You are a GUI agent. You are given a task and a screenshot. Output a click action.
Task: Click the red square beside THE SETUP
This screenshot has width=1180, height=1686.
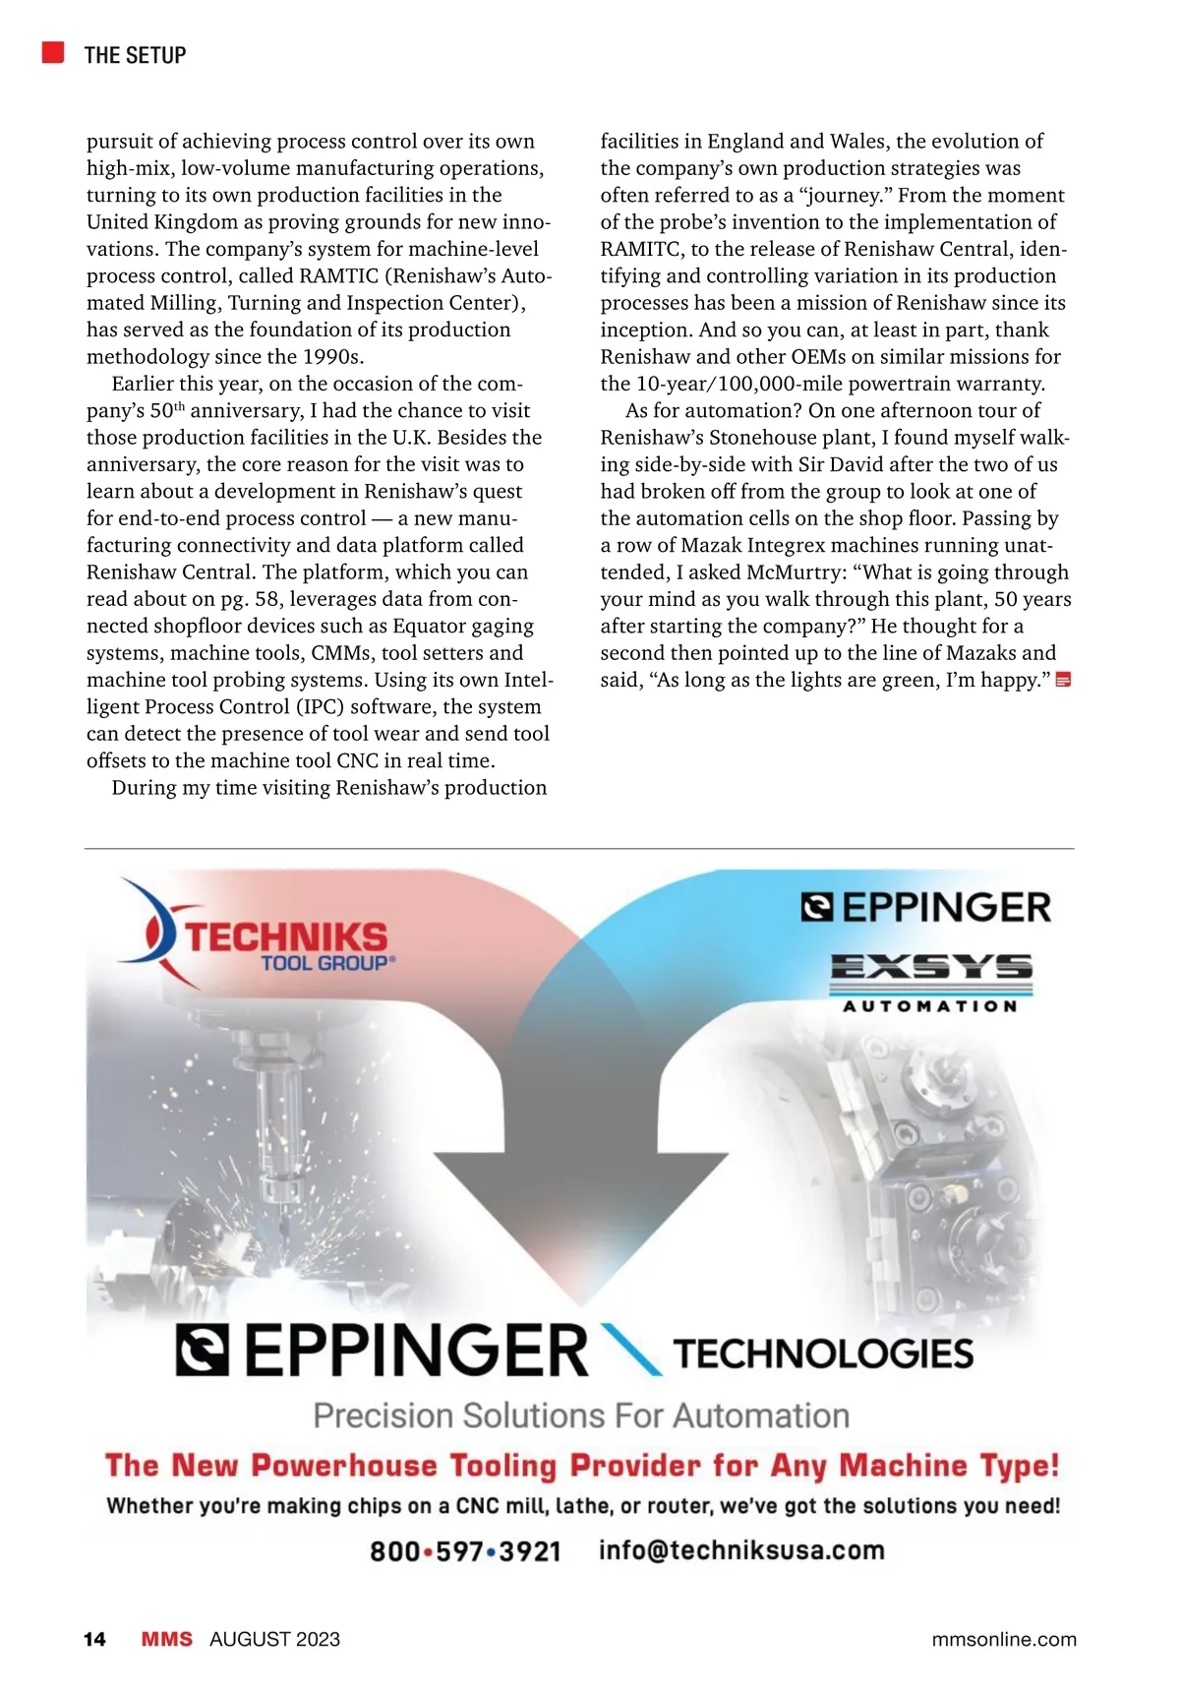(x=53, y=52)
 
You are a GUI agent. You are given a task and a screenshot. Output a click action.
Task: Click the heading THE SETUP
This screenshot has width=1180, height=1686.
(x=135, y=55)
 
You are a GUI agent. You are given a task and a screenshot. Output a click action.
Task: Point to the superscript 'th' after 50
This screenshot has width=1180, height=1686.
(x=180, y=406)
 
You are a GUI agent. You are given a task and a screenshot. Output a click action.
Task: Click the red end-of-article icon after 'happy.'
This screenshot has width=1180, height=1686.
(x=1063, y=681)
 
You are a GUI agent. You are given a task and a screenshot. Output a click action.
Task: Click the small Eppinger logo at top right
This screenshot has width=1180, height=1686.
(x=926, y=907)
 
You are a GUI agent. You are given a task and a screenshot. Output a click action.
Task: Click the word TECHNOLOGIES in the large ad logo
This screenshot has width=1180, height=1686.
(x=823, y=1355)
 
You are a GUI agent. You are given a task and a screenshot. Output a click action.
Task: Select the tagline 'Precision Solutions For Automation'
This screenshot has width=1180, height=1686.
(x=581, y=1415)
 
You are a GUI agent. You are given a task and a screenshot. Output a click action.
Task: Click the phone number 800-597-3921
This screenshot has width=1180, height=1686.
(x=465, y=1551)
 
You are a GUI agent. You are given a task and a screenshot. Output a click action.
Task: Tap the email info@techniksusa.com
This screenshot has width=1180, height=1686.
(x=741, y=1550)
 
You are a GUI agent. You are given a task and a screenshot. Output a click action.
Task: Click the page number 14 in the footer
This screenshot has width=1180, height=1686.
(x=94, y=1639)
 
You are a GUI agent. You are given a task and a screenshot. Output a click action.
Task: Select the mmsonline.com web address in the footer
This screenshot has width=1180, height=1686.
(x=1003, y=1639)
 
